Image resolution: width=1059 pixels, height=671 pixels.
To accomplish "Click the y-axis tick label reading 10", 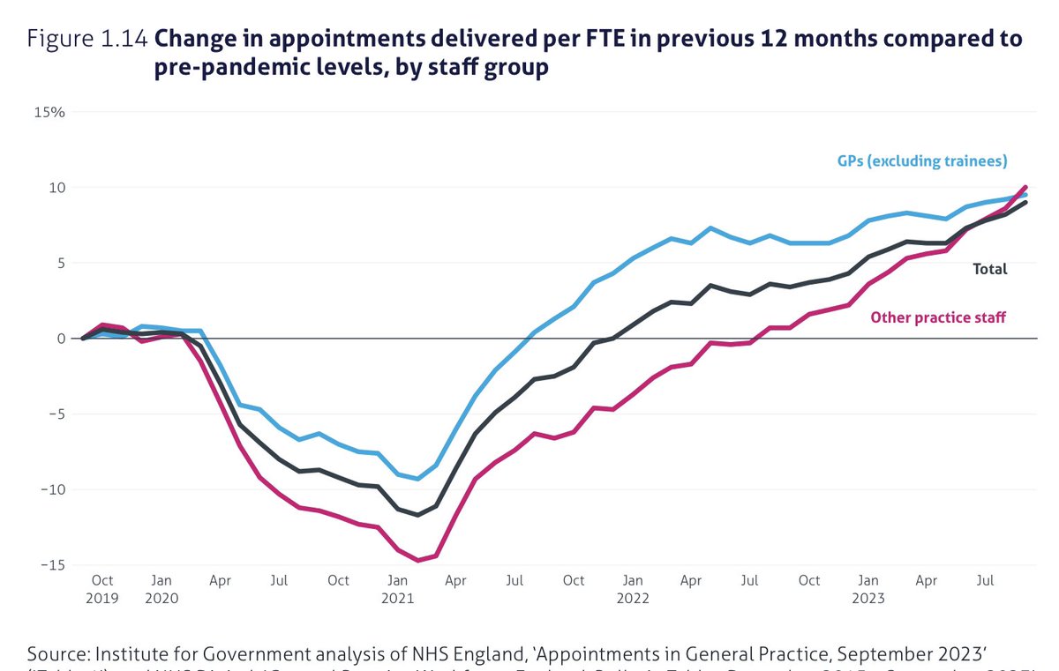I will click(x=56, y=188).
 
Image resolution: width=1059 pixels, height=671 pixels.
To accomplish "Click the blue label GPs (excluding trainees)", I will click(x=922, y=161).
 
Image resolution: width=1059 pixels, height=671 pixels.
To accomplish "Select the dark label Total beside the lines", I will click(x=989, y=270).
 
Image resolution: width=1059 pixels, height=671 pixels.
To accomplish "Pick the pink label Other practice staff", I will click(x=938, y=317).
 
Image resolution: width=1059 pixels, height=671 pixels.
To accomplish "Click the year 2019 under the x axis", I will click(x=102, y=598).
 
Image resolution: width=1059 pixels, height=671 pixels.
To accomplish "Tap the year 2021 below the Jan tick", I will click(x=397, y=598).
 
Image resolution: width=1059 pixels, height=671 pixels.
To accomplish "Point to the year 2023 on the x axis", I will click(x=868, y=598).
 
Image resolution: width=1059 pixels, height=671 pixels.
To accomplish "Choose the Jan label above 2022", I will click(x=633, y=581).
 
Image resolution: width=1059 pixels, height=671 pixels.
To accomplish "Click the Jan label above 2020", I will click(x=161, y=581).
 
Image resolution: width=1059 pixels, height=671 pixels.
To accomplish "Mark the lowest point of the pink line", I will click(x=418, y=560).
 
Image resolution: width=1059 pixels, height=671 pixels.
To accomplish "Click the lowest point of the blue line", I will click(x=418, y=479).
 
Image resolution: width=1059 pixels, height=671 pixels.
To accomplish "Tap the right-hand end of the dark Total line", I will click(x=1025, y=202).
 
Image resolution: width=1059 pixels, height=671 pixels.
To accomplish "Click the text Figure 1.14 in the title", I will click(x=87, y=40).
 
